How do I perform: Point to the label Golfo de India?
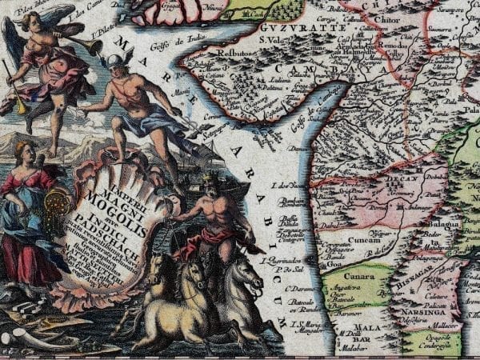(182, 40)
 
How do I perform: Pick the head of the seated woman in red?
(25, 152)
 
